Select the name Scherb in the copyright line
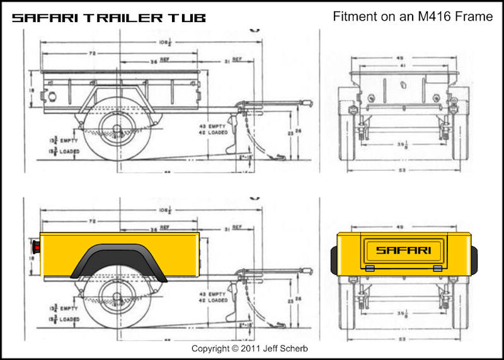tap(298, 349)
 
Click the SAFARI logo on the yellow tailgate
tap(404, 250)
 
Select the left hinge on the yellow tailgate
tap(370, 268)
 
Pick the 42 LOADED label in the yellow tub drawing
tap(214, 300)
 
